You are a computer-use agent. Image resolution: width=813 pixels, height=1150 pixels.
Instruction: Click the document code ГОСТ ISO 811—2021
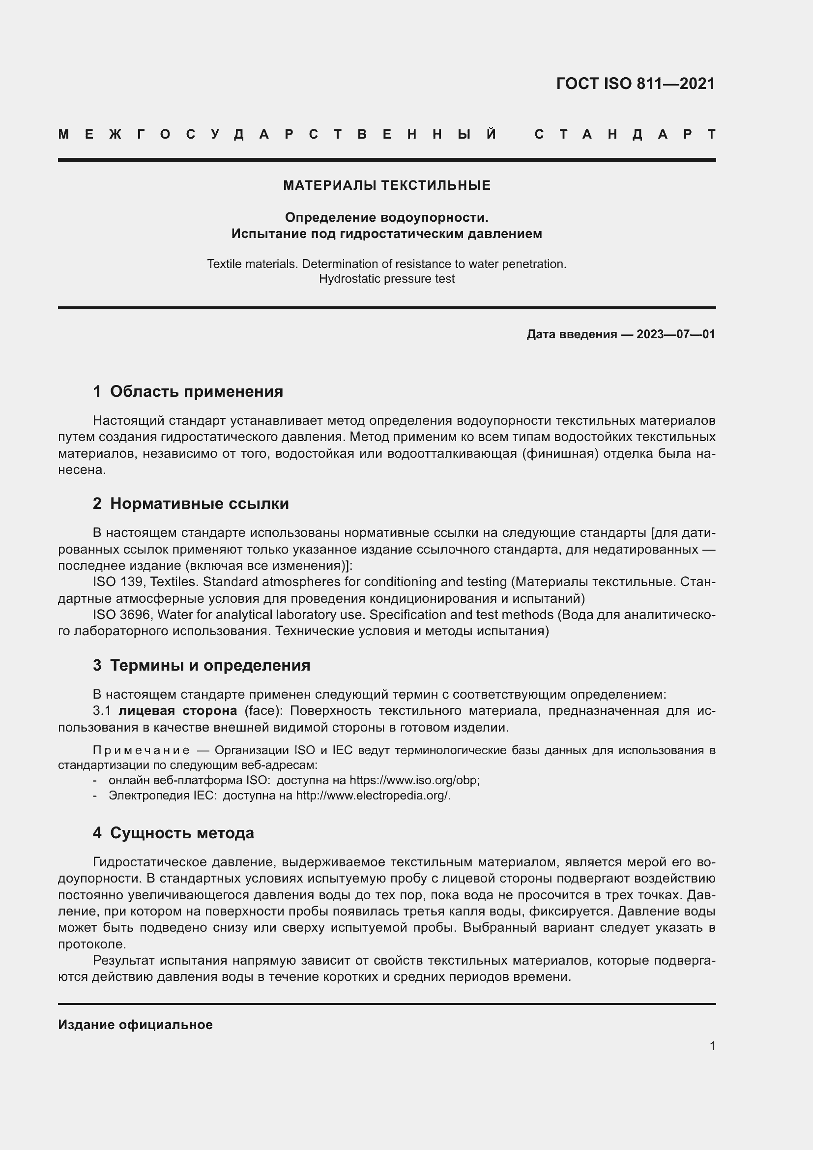point(635,84)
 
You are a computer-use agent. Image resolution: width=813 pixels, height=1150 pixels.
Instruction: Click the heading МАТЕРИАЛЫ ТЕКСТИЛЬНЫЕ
point(386,186)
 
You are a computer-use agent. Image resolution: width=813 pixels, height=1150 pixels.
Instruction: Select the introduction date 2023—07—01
point(675,334)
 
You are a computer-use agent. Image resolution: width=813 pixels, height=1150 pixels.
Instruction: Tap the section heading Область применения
point(196,392)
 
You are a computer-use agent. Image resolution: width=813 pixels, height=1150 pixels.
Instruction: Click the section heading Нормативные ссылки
point(199,503)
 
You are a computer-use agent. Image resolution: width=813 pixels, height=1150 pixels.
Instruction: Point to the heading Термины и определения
point(210,665)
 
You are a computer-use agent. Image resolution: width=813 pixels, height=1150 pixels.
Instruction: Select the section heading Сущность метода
point(182,833)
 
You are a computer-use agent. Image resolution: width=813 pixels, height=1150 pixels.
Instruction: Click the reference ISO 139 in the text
point(117,582)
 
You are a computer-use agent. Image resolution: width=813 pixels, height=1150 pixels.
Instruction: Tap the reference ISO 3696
point(120,615)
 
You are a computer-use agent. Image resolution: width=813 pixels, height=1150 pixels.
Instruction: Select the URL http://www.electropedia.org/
point(373,796)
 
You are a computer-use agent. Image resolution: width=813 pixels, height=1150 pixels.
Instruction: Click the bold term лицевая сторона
point(178,711)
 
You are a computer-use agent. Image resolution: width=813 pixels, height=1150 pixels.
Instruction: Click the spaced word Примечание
point(141,750)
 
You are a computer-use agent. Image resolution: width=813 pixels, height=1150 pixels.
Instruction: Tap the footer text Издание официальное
point(135,1025)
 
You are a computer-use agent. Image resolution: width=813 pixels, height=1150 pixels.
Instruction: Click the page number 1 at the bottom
point(712,1046)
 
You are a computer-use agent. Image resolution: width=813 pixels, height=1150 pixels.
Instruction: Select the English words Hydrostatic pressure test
point(386,279)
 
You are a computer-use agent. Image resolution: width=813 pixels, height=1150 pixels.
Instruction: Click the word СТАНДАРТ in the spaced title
point(625,134)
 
